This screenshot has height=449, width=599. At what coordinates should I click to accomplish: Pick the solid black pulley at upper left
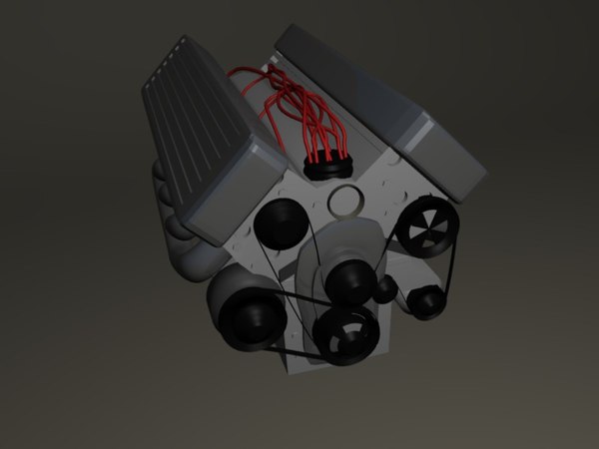279,225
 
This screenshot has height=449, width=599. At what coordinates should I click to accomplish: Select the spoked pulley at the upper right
427,226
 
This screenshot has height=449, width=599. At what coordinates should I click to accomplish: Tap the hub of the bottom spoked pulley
345,334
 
